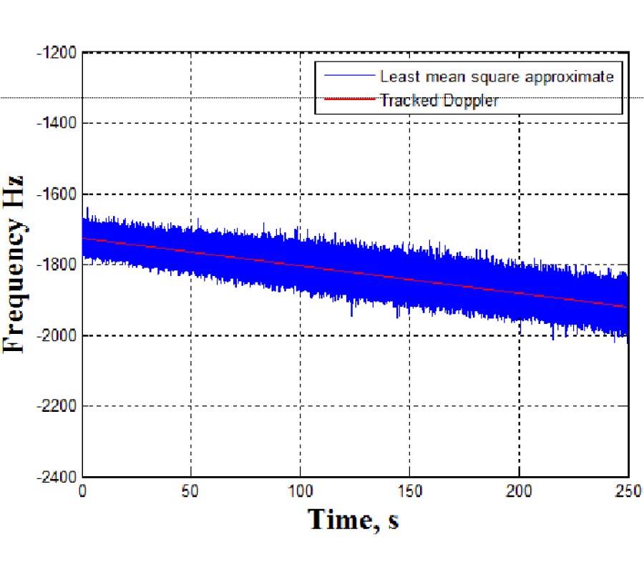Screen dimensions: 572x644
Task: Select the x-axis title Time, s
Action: pyautogui.click(x=353, y=520)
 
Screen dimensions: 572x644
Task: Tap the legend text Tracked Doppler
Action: pyautogui.click(x=439, y=101)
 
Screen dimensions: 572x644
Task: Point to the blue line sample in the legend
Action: pyautogui.click(x=349, y=76)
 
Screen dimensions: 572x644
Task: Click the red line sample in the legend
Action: pyautogui.click(x=349, y=101)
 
